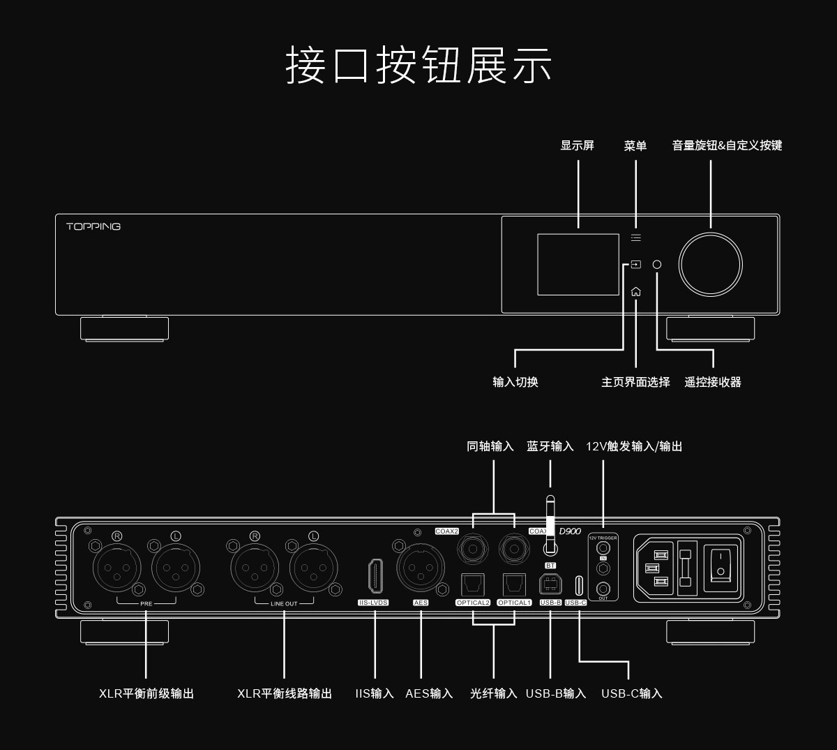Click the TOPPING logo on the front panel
click(x=93, y=226)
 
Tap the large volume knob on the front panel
click(x=711, y=265)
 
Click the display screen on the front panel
click(x=578, y=264)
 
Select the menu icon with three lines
click(x=635, y=238)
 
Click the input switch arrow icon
click(x=635, y=265)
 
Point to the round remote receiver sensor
click(x=656, y=265)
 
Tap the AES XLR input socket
click(x=421, y=567)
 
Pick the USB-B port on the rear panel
click(x=550, y=584)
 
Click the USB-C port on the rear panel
click(x=579, y=584)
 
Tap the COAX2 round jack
click(x=474, y=549)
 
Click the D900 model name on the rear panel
click(x=570, y=531)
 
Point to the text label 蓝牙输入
click(x=550, y=446)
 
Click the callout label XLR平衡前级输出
click(x=146, y=693)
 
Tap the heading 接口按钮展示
click(x=418, y=66)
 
